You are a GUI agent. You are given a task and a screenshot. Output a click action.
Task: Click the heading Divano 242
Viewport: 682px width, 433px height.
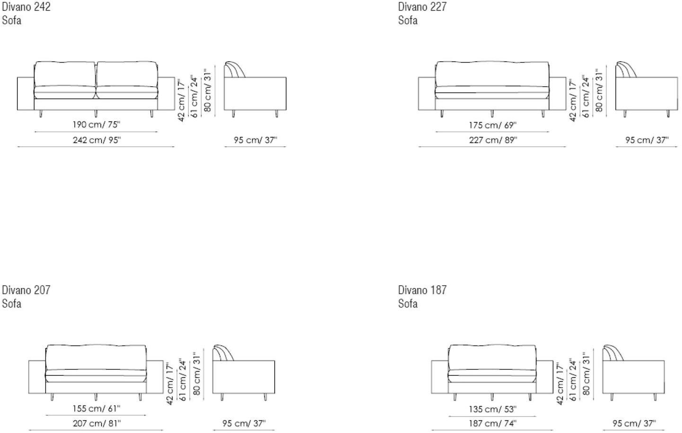click(x=26, y=7)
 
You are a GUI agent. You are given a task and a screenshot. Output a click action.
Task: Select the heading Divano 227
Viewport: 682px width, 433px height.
click(x=422, y=7)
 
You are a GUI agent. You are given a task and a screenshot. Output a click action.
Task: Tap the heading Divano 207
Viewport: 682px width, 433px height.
click(x=26, y=290)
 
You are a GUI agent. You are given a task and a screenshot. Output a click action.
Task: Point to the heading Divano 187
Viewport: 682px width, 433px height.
click(x=422, y=290)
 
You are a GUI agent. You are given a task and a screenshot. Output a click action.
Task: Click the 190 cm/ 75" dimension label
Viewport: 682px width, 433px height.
click(x=96, y=125)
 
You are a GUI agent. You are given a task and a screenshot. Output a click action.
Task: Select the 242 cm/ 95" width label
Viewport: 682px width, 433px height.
click(x=97, y=140)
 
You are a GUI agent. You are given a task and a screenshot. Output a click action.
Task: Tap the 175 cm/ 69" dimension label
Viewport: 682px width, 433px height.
click(x=493, y=125)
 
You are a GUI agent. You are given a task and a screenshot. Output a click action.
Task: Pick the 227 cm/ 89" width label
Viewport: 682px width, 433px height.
click(x=493, y=140)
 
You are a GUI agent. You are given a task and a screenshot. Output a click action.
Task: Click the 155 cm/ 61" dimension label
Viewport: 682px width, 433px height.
click(x=96, y=408)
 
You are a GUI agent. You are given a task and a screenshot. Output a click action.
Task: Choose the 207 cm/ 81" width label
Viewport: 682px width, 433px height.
click(x=97, y=423)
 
